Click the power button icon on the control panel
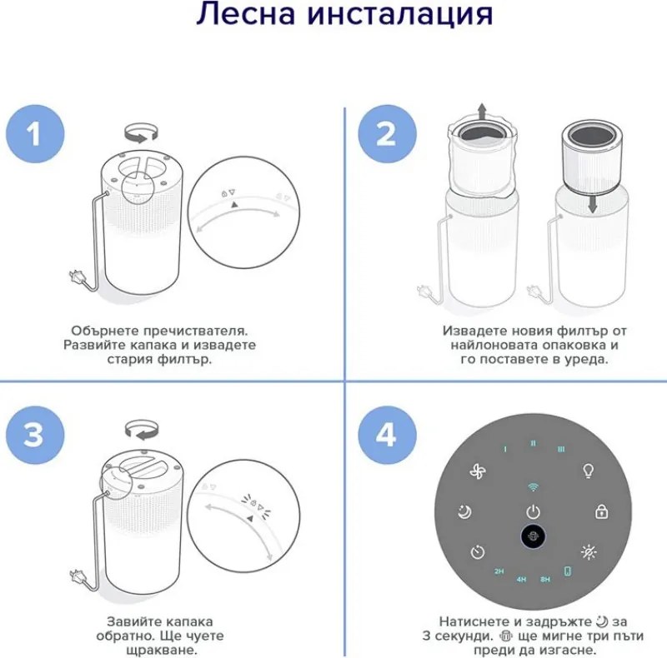tap(533, 511)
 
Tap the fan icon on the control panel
tap(477, 471)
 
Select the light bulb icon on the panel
tap(588, 471)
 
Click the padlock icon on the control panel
tap(600, 511)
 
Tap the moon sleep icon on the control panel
tap(464, 511)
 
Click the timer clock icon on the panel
tap(476, 551)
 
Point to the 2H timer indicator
tap(499, 572)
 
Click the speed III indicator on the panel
tap(561, 448)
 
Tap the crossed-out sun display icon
tap(589, 552)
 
